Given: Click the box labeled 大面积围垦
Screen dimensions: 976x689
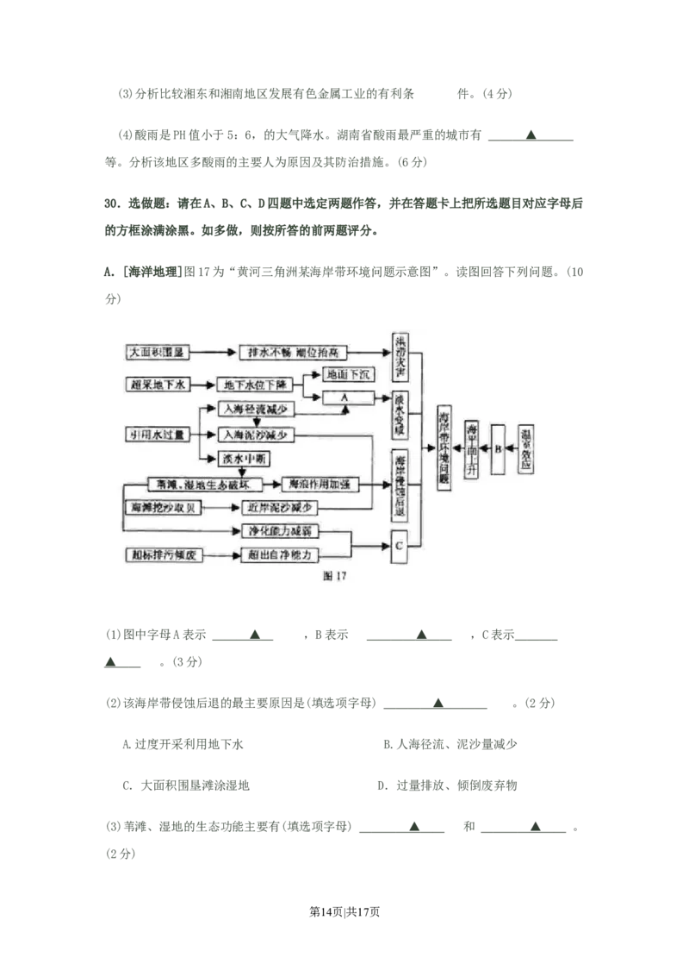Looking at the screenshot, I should [x=157, y=353].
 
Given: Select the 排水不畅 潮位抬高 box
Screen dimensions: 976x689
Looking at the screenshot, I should [x=295, y=353].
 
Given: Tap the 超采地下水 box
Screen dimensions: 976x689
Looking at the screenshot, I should [x=156, y=385].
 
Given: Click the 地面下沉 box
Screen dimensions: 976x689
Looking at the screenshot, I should [x=344, y=375].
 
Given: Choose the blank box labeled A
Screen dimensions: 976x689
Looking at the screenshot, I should [x=344, y=397].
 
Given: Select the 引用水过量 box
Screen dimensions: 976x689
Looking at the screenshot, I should [x=156, y=435].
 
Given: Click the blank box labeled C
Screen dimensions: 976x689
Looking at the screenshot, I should [x=400, y=547].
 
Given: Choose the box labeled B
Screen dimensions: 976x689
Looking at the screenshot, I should [x=497, y=448].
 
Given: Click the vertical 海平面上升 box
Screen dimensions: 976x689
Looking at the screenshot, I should [x=471, y=448].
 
